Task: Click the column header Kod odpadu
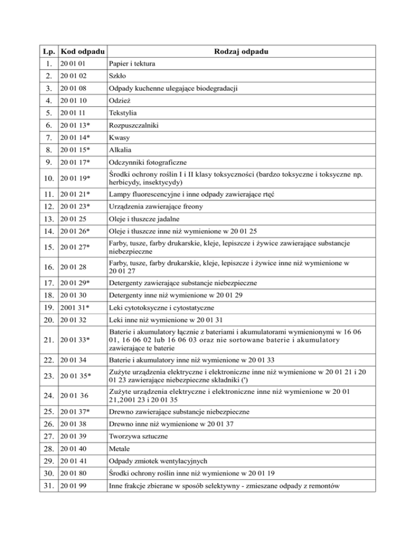pos(83,51)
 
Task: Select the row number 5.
pos(49,113)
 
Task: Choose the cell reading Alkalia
pos(119,150)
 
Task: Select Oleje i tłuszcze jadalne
pos(143,218)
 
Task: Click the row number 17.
pos(49,283)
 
